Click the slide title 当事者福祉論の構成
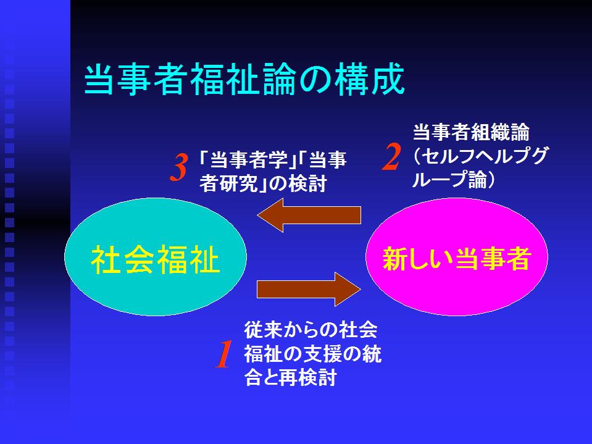tap(244, 80)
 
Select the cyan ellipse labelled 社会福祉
tap(156, 257)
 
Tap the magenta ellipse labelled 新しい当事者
tap(457, 257)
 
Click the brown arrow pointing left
tap(309, 215)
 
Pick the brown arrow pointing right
tap(309, 290)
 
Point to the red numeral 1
tap(223, 354)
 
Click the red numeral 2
tap(391, 157)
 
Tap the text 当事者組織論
tap(471, 133)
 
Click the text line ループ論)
tap(454, 180)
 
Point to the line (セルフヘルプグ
tap(480, 156)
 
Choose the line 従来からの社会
tap(311, 330)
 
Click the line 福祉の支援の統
tap(312, 354)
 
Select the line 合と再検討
tap(290, 377)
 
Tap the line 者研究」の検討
tap(263, 184)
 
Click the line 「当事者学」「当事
tap(273, 160)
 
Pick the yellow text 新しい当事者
tap(457, 259)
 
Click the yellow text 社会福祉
tap(155, 260)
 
